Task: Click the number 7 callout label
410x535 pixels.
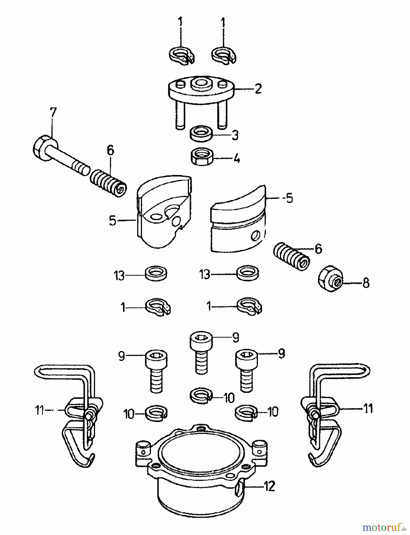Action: click(53, 114)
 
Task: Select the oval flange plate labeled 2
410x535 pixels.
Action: click(201, 89)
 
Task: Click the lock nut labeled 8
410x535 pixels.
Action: click(330, 280)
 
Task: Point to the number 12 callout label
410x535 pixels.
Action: click(269, 487)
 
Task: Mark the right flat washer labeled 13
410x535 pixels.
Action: click(247, 273)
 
